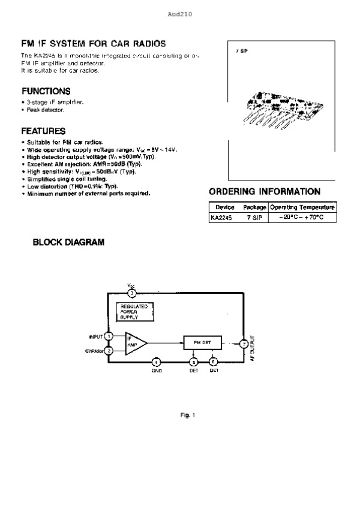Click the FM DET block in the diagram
202,342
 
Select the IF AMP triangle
135,343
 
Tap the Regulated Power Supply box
133,312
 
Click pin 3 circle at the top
132,293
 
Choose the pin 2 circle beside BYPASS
109,351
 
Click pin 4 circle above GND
155,362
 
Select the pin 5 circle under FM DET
193,362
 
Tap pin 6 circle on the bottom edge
214,362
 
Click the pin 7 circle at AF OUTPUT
244,344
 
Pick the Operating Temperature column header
302,207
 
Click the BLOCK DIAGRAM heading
68,243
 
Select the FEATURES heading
43,131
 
